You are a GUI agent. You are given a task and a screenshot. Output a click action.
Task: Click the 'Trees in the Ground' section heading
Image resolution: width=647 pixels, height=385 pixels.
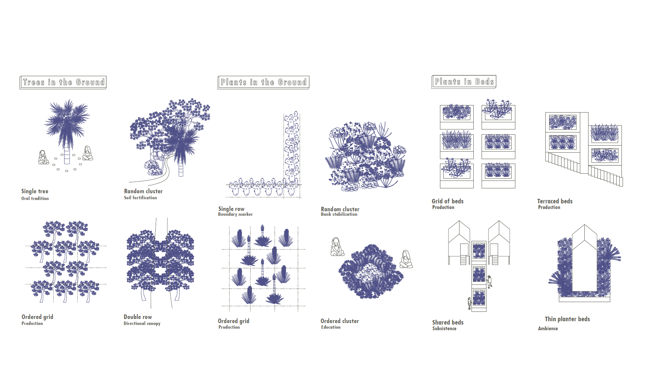click(x=63, y=82)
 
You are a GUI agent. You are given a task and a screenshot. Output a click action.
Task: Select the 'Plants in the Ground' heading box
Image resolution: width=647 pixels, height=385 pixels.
click(x=263, y=82)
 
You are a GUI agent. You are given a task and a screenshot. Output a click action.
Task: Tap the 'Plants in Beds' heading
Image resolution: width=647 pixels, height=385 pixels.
click(x=464, y=81)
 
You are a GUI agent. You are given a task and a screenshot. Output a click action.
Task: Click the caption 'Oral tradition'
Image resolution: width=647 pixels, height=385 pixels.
click(x=35, y=199)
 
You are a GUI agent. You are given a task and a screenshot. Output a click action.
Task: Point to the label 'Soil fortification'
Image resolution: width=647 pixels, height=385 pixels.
click(x=140, y=198)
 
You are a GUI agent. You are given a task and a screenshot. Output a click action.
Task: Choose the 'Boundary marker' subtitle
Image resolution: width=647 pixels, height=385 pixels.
click(x=235, y=214)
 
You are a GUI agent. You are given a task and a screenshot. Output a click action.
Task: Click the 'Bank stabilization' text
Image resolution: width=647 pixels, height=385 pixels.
click(x=339, y=214)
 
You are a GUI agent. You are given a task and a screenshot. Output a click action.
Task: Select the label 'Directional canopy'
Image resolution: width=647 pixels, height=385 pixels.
click(x=142, y=323)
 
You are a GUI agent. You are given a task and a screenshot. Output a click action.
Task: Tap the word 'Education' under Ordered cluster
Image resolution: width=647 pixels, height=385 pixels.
click(x=331, y=327)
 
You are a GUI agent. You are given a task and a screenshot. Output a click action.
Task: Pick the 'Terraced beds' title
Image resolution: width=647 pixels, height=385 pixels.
click(x=555, y=201)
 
